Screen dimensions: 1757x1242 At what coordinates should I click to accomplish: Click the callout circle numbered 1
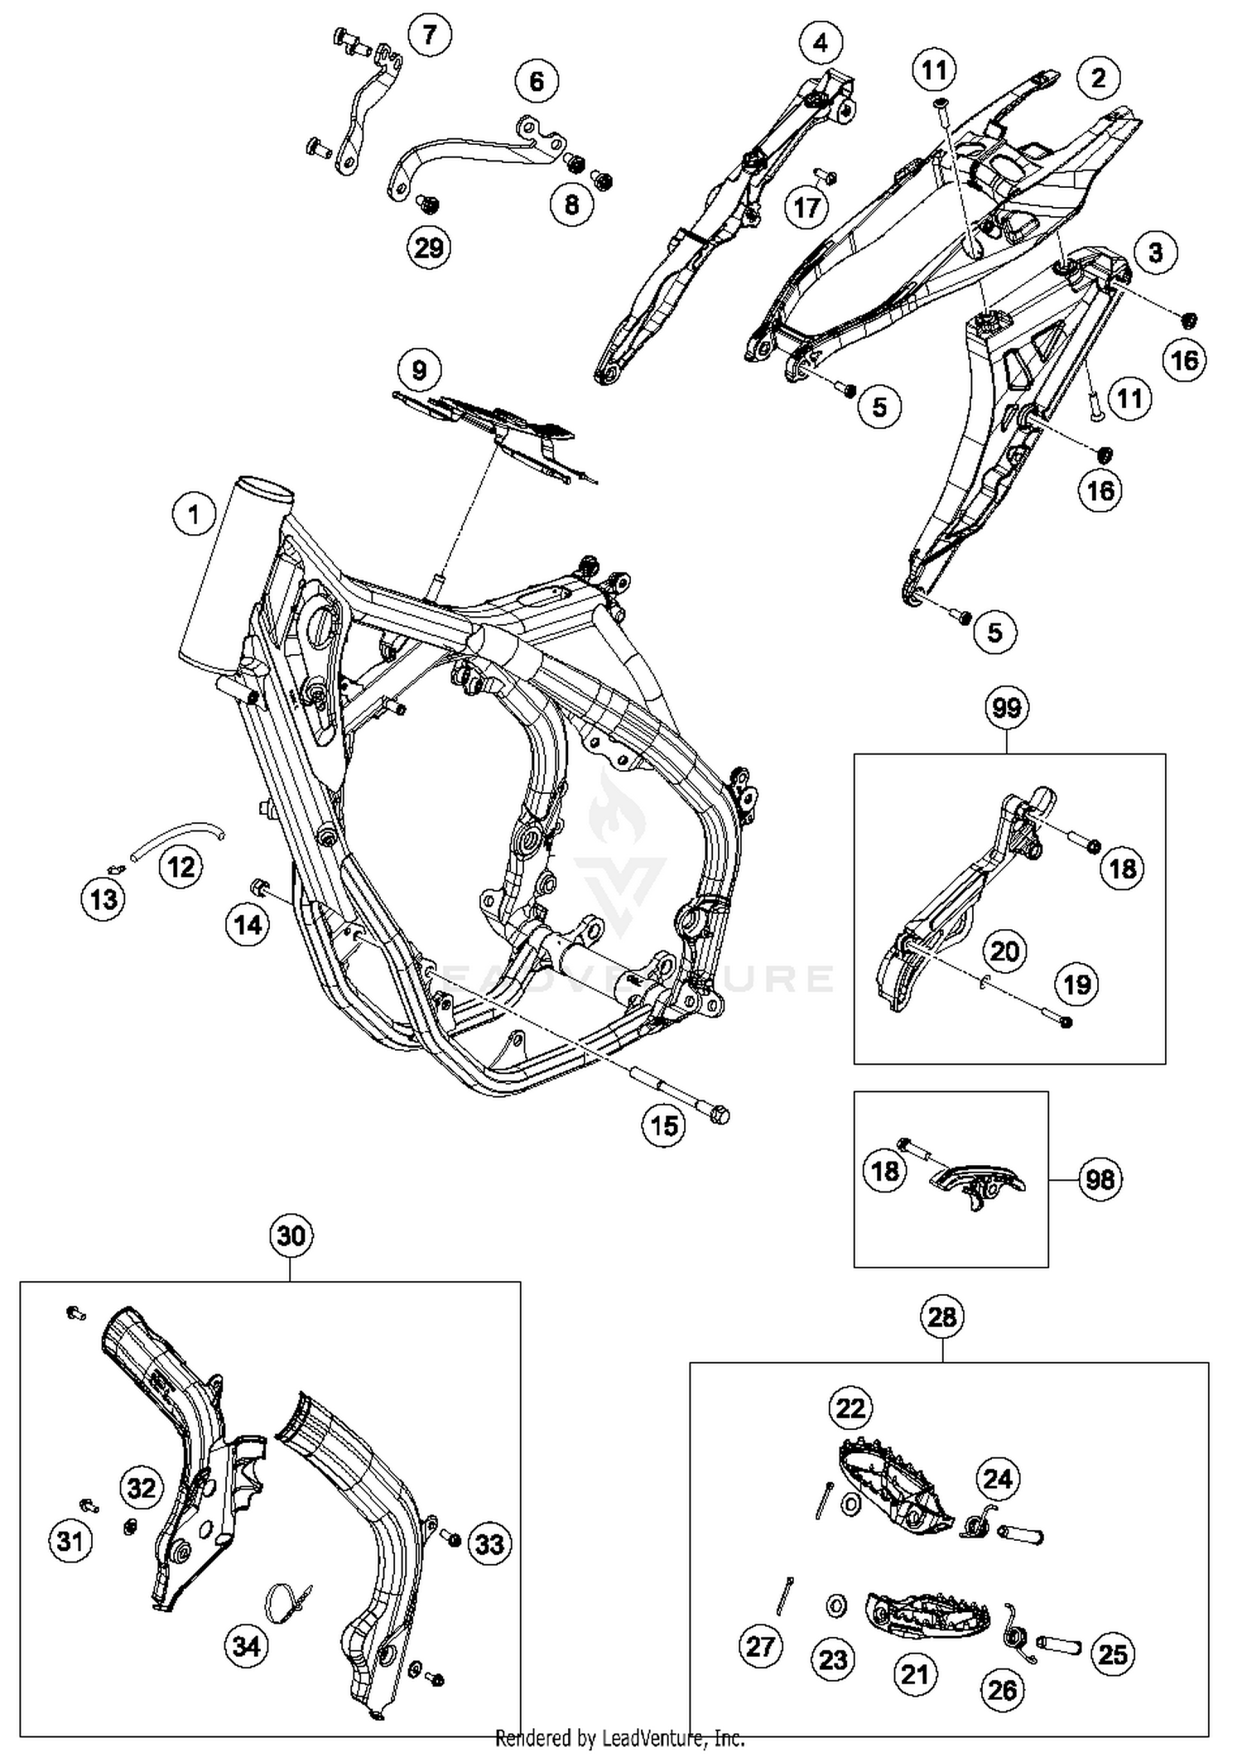pos(194,515)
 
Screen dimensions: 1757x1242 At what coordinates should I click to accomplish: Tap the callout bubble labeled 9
pos(419,369)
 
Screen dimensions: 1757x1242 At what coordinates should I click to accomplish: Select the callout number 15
pos(664,1125)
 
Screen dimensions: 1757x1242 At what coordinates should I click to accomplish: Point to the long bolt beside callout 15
pos(679,1094)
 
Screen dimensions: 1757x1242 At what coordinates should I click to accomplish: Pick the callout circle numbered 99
pos(1007,708)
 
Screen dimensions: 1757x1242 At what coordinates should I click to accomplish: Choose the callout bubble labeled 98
pos(1100,1179)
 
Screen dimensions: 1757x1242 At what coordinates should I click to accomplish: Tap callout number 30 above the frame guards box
pos(291,1236)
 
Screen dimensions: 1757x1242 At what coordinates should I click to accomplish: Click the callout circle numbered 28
pos(942,1317)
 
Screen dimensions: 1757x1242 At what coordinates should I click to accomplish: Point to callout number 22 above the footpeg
pos(850,1408)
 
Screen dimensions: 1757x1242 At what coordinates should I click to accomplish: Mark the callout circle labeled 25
pos(1113,1654)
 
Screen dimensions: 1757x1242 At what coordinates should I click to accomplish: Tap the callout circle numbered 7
pos(429,36)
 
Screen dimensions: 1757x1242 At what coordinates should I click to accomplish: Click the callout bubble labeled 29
pos(429,247)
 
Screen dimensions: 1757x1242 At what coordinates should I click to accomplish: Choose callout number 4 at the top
pos(821,42)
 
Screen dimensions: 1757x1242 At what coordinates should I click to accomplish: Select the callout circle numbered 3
pos(1155,252)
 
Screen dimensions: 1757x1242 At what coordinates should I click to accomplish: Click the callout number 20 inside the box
pos(1004,951)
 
